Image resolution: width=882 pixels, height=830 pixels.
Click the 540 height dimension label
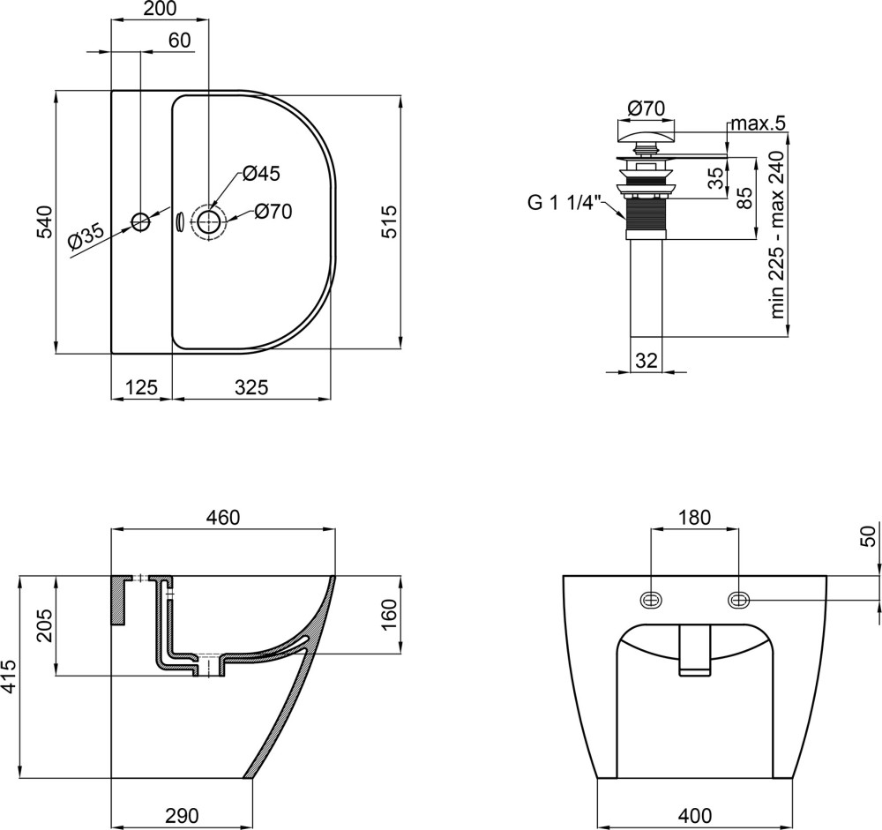pyautogui.click(x=45, y=221)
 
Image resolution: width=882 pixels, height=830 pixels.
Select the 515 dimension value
pyautogui.click(x=389, y=221)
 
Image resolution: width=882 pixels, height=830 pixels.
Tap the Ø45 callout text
pyautogui.click(x=261, y=174)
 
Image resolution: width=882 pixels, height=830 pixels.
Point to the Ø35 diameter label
pyautogui.click(x=86, y=236)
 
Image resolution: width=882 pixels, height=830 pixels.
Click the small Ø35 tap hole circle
pyautogui.click(x=140, y=221)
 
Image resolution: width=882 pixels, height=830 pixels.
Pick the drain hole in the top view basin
pyautogui.click(x=209, y=221)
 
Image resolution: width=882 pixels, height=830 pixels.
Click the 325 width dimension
pyautogui.click(x=251, y=387)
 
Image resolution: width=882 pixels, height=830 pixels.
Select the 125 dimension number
pyautogui.click(x=140, y=387)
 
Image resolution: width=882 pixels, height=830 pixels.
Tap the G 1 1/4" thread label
pyautogui.click(x=564, y=203)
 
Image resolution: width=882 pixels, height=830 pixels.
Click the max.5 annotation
pyautogui.click(x=758, y=123)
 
